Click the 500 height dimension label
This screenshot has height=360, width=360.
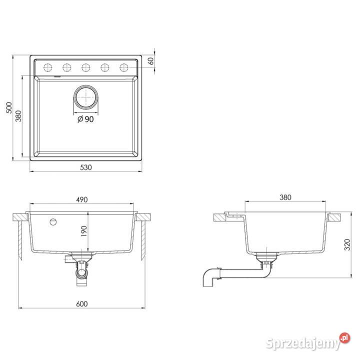pos(9,107)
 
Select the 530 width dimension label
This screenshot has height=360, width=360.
pos(86,167)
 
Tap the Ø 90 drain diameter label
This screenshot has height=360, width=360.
pos(85,119)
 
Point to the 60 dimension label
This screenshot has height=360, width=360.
pos(151,61)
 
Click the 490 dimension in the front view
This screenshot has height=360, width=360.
pos(82,199)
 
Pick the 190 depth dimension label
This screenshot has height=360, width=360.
pos(84,231)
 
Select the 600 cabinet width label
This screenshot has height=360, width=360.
pos(82,304)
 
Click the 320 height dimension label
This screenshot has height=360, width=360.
pos(347,244)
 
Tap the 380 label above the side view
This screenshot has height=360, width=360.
pos(285,197)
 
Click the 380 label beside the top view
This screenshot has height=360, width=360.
pos(18,116)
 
